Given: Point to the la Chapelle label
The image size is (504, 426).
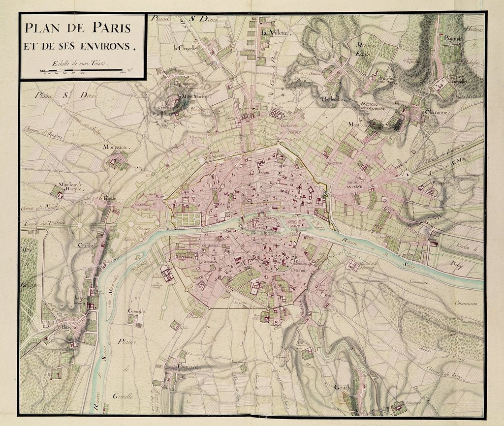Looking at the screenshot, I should pos(185,48).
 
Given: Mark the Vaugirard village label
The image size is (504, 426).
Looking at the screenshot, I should pos(181,367).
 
